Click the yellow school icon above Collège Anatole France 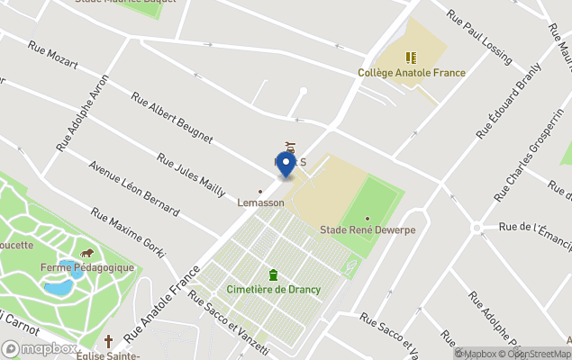point(412,57)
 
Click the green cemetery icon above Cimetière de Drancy point(272,274)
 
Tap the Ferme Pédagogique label point(87,267)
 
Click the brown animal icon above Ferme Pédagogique point(87,254)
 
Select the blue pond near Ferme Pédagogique point(59,288)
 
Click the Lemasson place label point(260,202)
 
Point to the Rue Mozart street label point(53,56)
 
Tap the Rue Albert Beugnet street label point(172,117)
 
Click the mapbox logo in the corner point(40,348)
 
